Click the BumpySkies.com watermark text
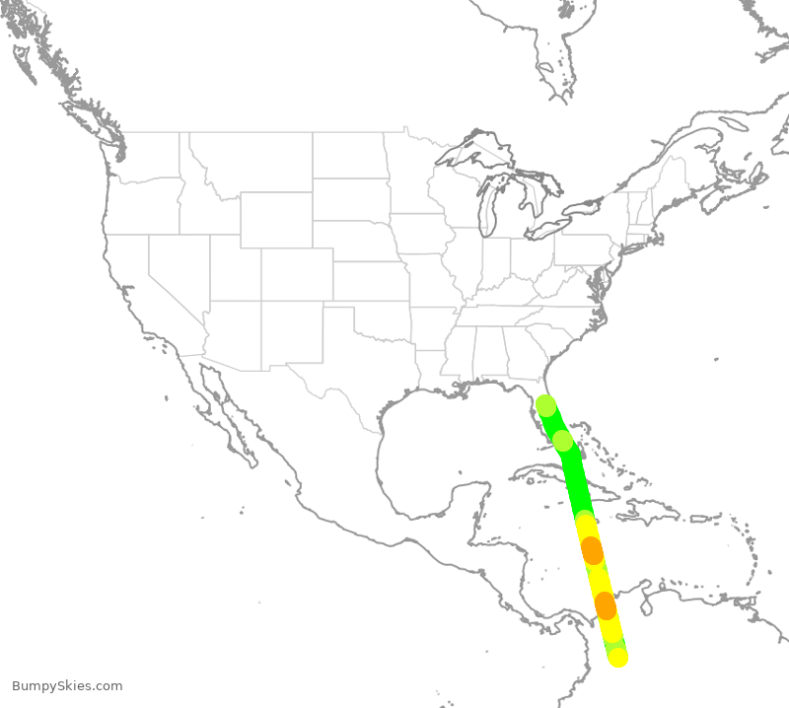67,686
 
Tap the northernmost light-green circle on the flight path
545,404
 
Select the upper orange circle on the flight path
592,550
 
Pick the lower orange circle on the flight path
605,605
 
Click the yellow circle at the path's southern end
617,657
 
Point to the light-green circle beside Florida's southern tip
562,440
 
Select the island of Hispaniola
651,513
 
